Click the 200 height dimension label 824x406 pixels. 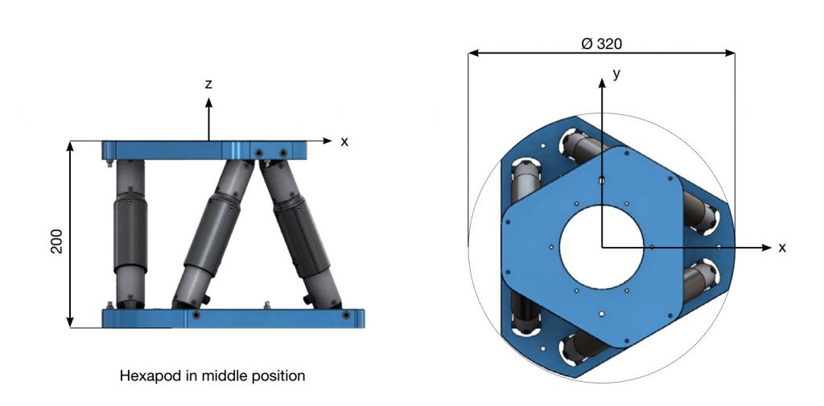coord(57,241)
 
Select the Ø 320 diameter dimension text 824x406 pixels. coord(602,43)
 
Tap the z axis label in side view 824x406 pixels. coord(208,84)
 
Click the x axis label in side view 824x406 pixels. coord(344,141)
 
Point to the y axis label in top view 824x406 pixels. coord(616,74)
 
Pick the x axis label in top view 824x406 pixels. coord(782,248)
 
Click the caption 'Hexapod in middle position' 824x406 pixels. coord(212,376)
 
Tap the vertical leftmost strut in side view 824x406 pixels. coord(130,234)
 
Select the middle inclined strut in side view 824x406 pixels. coord(213,234)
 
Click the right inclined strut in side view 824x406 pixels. coord(300,234)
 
